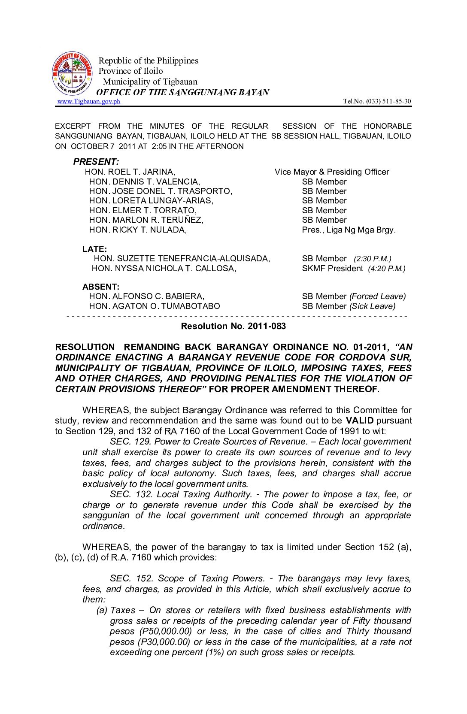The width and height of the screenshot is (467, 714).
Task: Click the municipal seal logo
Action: tap(72, 74)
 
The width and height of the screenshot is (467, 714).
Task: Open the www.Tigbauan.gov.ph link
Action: tap(89, 101)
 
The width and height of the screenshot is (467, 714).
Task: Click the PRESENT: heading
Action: tap(96, 162)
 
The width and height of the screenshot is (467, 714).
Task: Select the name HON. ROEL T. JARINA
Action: tap(130, 172)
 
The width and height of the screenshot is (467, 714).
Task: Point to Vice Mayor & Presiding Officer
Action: tap(331, 172)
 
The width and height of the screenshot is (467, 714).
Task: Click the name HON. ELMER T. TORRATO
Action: tap(143, 211)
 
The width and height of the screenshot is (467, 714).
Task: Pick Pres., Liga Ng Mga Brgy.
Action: tap(349, 230)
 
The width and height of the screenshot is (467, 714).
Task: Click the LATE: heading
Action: tap(94, 249)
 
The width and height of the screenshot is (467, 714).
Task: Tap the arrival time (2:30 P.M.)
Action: tap(372, 259)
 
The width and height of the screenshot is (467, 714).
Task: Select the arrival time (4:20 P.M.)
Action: tap(386, 269)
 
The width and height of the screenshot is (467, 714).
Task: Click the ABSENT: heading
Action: tap(101, 287)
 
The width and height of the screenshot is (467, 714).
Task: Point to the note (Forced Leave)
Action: tap(377, 296)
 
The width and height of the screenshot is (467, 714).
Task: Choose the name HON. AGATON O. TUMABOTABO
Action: tap(154, 306)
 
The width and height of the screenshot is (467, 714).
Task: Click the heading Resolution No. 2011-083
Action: tap(233, 326)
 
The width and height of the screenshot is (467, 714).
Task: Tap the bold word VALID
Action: tap(359, 421)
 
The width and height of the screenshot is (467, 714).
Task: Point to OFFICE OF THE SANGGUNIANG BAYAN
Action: tap(182, 92)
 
